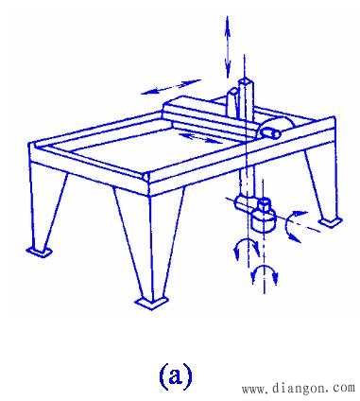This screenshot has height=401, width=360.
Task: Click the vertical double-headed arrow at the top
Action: [x=227, y=47]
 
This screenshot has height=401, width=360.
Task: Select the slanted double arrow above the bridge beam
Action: [x=171, y=87]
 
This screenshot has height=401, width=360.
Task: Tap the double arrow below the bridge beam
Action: [x=200, y=137]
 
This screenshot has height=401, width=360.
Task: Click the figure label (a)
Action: [x=175, y=375]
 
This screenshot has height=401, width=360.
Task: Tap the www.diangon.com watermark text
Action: [x=299, y=388]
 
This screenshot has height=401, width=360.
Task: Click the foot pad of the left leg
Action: [x=40, y=252]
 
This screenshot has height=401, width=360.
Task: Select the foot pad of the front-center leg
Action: [x=152, y=303]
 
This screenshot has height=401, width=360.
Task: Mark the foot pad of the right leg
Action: [x=330, y=221]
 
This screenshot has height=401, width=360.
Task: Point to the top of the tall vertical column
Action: [x=245, y=81]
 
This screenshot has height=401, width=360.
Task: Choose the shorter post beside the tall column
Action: [x=233, y=103]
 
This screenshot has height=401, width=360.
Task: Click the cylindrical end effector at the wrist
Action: [x=264, y=220]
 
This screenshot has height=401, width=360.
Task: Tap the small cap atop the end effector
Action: [x=264, y=203]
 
